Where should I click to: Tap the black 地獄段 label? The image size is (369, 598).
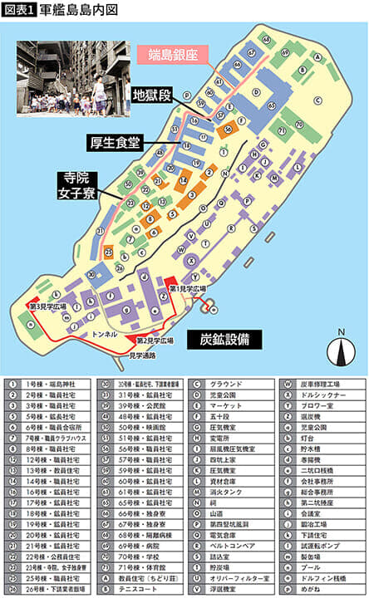point(152,96)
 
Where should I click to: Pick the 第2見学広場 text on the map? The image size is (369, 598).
point(154,341)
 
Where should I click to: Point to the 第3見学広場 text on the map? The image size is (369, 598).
point(47,307)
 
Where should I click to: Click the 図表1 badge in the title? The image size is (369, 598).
point(20,10)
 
